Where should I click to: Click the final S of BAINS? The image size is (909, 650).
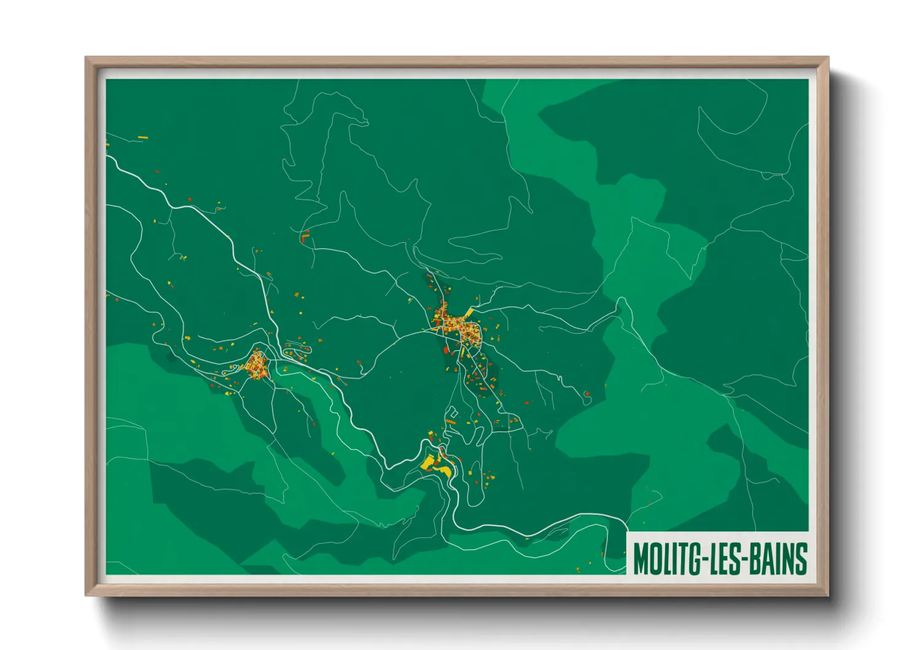click(800, 559)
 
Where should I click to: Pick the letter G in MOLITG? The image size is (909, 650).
click(695, 559)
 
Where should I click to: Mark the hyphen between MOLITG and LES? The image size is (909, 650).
click(704, 560)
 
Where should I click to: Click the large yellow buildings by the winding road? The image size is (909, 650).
click(437, 466)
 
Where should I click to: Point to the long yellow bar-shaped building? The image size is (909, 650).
click(142, 138)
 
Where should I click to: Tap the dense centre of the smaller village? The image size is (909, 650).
click(256, 366)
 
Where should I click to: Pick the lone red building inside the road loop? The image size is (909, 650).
click(587, 393)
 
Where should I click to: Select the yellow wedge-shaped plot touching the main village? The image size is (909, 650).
click(469, 313)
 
